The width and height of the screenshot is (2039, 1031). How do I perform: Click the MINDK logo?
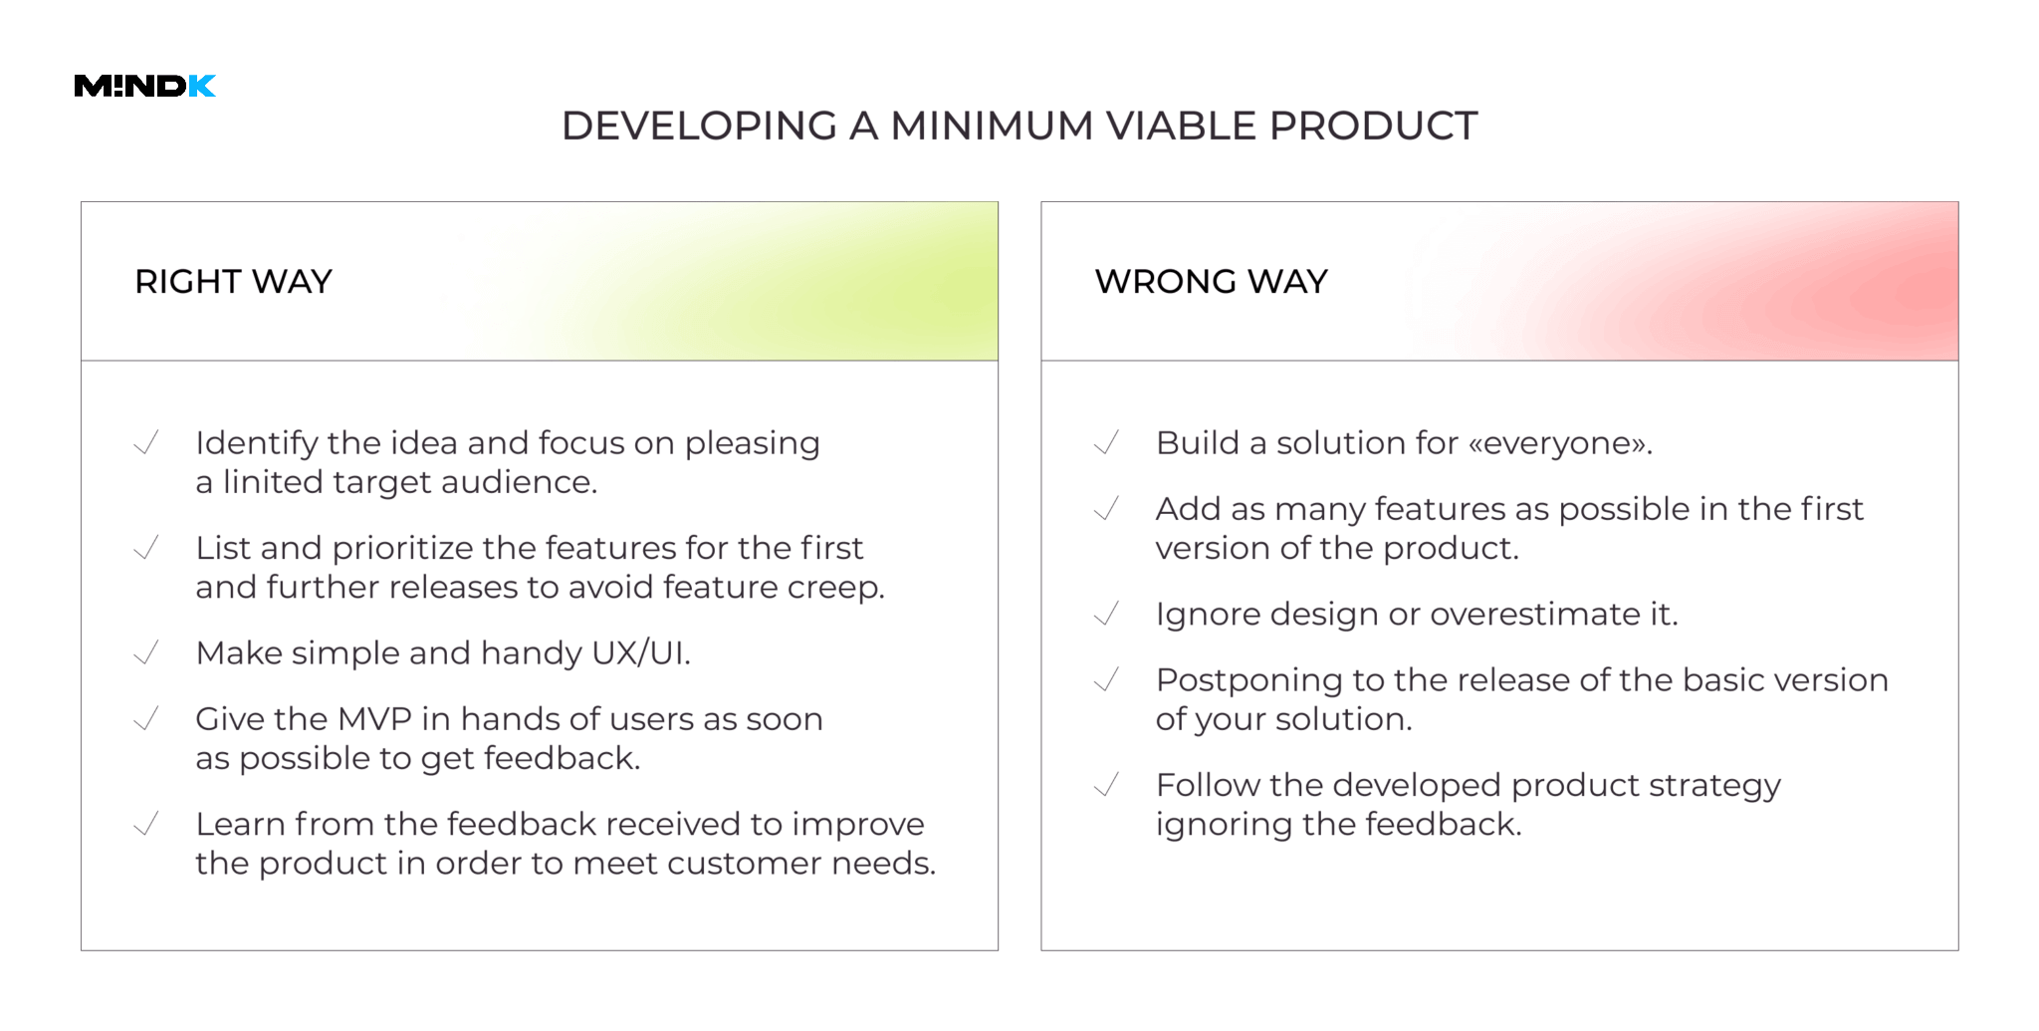145,87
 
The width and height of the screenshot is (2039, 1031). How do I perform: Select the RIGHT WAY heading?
233,282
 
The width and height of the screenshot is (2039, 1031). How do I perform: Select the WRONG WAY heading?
1212,282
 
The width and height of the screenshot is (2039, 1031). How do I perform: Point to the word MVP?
374,719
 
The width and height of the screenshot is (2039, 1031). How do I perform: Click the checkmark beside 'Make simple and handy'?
146,653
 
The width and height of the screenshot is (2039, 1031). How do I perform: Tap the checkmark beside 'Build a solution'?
1106,443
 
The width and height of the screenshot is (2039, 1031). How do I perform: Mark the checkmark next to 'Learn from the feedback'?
146,825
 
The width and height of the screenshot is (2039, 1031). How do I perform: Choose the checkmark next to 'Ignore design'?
1106,615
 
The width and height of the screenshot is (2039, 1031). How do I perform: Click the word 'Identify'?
256,444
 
